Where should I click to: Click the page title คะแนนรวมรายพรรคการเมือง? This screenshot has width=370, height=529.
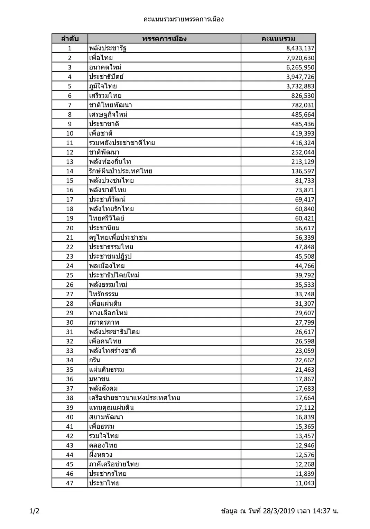pos(184,19)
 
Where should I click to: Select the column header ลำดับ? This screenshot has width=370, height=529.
pos(70,38)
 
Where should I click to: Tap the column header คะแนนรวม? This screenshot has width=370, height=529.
pos(278,38)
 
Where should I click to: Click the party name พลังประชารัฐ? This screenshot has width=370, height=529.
pos(108,48)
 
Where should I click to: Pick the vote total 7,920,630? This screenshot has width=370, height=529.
pos(300,58)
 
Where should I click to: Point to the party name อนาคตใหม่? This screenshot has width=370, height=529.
pos(105,67)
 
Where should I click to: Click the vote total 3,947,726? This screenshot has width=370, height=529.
pos(300,77)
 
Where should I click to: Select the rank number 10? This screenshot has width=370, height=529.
pos(70,133)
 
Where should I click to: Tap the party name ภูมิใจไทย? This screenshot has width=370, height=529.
pos(103,86)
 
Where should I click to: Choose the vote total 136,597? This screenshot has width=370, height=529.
pos(303,171)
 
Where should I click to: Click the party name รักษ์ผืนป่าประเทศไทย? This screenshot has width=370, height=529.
pos(121,171)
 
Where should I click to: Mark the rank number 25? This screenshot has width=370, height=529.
pos(70,275)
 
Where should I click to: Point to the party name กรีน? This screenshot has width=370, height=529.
pos(94,360)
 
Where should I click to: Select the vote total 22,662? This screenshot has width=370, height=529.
pos(305,360)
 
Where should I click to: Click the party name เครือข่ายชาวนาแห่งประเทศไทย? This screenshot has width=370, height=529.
pos(135,398)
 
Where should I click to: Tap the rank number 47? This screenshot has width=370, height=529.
pos(70,483)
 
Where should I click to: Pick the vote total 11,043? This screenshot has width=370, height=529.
pos(305,483)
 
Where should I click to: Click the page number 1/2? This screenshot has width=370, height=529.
pos(35,511)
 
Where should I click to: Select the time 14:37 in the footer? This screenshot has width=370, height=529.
pos(321,511)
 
